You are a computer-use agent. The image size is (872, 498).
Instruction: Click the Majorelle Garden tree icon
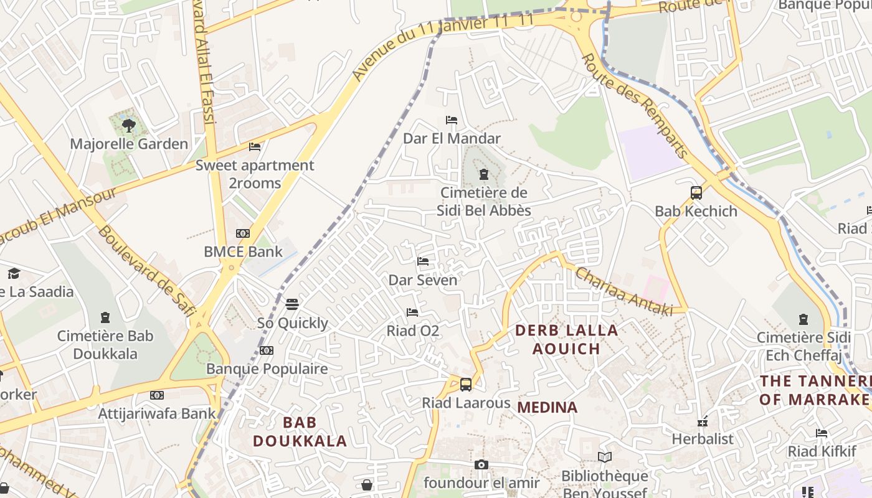click(128, 126)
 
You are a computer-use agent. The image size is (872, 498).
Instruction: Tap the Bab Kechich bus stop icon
click(696, 193)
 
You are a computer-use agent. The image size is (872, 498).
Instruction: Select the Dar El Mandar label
click(452, 138)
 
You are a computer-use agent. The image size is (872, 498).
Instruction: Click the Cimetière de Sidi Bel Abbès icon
click(483, 174)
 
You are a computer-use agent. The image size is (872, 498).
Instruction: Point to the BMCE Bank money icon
click(243, 233)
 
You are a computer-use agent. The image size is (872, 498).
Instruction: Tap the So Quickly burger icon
click(292, 304)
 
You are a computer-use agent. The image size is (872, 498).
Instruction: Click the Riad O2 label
click(413, 331)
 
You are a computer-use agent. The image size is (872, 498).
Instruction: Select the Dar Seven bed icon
click(423, 261)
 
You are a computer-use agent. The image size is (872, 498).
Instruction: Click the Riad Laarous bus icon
click(466, 385)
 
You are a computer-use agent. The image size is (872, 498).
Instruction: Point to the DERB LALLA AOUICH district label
click(567, 339)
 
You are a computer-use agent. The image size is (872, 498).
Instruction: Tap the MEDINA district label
click(547, 408)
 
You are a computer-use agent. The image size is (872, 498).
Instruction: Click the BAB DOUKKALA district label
click(300, 432)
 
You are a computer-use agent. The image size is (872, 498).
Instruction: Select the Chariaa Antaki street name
click(623, 291)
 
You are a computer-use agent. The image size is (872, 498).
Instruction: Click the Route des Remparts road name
click(635, 105)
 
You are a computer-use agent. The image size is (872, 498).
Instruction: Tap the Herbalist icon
click(703, 422)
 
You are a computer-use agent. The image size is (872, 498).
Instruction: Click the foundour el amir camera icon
click(481, 464)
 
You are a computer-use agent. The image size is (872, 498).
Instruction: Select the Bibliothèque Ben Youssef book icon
click(604, 458)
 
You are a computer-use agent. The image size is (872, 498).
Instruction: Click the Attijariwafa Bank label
click(157, 413)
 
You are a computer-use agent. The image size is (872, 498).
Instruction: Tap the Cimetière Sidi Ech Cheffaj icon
click(803, 319)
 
